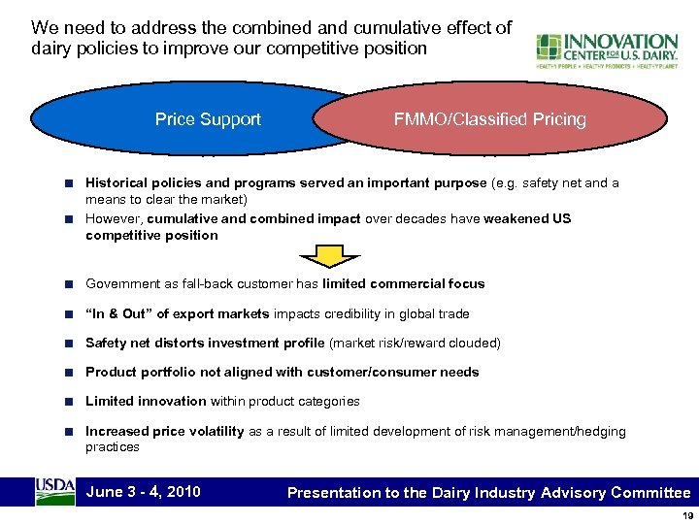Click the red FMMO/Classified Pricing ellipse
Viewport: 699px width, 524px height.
pyautogui.click(x=489, y=119)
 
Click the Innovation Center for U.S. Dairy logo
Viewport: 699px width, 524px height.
pyautogui.click(x=608, y=51)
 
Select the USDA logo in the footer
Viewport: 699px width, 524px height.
pyautogui.click(x=55, y=491)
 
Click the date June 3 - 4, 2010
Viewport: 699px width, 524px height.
pyautogui.click(x=144, y=491)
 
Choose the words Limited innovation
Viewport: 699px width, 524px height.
pyautogui.click(x=146, y=401)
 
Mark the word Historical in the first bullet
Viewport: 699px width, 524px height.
pyautogui.click(x=116, y=182)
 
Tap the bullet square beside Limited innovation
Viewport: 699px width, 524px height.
pyautogui.click(x=71, y=401)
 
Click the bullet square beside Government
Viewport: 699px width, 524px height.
pyautogui.click(x=71, y=283)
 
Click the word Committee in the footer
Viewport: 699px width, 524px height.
pyautogui.click(x=650, y=493)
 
